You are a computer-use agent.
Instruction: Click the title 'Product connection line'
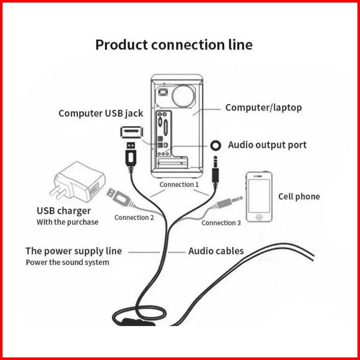click(x=173, y=45)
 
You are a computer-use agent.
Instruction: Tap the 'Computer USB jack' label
click(x=101, y=113)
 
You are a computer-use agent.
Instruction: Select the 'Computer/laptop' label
click(x=263, y=107)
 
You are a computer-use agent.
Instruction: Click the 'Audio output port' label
click(x=267, y=145)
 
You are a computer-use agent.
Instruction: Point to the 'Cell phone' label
click(x=299, y=196)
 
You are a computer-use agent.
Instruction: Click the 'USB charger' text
click(x=63, y=211)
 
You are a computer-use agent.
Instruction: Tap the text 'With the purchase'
click(x=67, y=222)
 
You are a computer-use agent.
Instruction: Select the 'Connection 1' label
click(x=179, y=185)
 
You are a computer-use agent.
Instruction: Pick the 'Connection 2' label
click(x=134, y=218)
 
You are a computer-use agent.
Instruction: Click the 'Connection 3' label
click(x=221, y=223)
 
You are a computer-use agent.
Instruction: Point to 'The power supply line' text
click(x=74, y=251)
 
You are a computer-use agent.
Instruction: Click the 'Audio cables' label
click(x=216, y=251)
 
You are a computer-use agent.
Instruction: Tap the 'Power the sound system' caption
click(x=67, y=263)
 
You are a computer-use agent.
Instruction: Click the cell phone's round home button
click(x=259, y=217)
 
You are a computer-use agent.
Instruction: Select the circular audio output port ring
click(x=217, y=146)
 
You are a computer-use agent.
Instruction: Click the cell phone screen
click(x=259, y=195)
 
